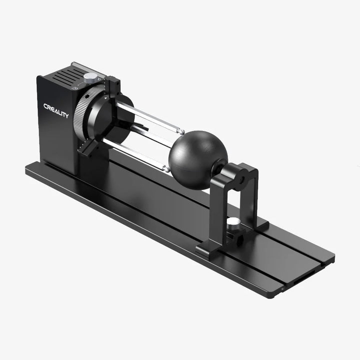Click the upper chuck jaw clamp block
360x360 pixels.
tap(112, 87)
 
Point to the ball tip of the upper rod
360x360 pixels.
tap(181, 132)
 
